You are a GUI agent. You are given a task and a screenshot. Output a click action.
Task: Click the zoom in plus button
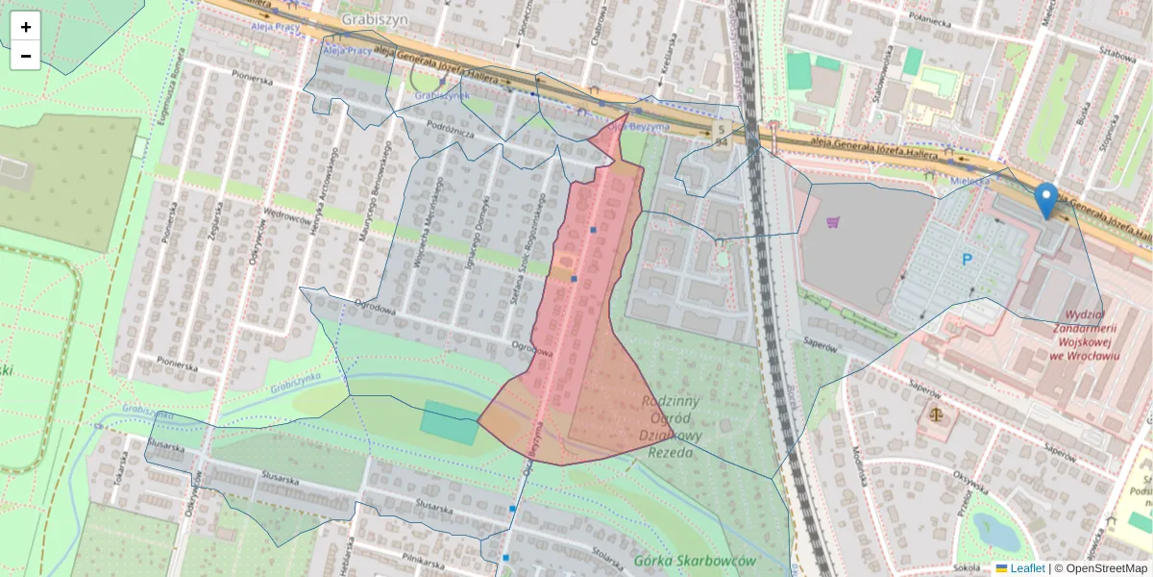click(26, 27)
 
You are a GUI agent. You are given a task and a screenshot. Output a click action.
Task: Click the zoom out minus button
click(26, 56)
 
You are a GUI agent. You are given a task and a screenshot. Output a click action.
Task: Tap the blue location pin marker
click(1046, 200)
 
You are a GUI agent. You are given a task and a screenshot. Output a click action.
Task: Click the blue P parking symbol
click(968, 259)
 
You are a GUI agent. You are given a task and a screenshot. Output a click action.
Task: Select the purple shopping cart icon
click(832, 223)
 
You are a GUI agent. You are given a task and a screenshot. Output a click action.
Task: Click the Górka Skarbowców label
click(696, 561)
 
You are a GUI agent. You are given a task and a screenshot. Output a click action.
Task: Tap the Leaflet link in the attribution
click(1027, 568)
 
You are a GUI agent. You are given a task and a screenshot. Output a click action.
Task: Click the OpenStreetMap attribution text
click(1106, 568)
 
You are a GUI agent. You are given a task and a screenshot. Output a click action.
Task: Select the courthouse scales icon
click(937, 415)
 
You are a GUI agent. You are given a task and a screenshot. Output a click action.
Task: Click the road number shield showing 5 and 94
click(721, 135)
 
